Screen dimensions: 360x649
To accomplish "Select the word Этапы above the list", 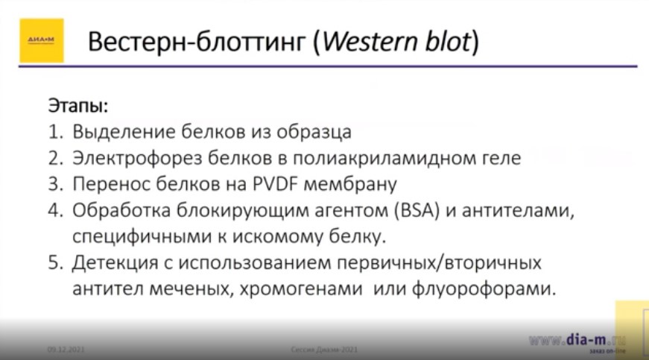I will pyautogui.click(x=78, y=104).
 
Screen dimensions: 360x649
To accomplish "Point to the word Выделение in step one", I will pyautogui.click(x=124, y=133).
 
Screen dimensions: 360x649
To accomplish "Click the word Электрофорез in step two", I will pyautogui.click(x=127, y=158).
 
